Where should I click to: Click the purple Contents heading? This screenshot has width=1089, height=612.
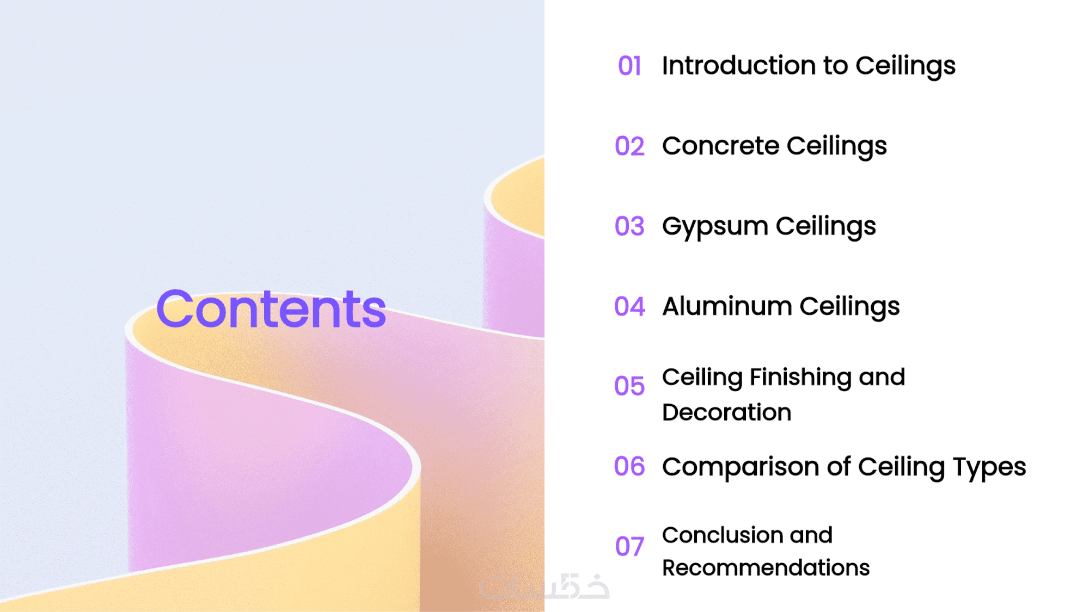click(271, 309)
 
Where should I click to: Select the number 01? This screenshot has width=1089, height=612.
click(629, 66)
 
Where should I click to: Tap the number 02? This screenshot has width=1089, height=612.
click(629, 146)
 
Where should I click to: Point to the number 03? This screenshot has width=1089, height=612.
click(629, 226)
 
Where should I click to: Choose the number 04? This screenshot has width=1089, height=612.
click(629, 306)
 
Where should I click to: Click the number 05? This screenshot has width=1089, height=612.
click(629, 386)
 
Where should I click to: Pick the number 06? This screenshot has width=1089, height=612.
click(629, 466)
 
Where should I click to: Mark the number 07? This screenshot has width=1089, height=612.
click(629, 546)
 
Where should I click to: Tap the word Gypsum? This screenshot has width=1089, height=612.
click(715, 226)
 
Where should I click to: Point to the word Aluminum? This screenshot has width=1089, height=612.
click(727, 306)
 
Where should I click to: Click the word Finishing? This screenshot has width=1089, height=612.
click(800, 378)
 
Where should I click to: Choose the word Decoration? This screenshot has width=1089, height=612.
click(727, 412)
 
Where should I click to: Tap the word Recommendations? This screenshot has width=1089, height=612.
click(766, 568)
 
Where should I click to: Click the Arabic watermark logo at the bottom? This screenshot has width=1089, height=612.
click(544, 586)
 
